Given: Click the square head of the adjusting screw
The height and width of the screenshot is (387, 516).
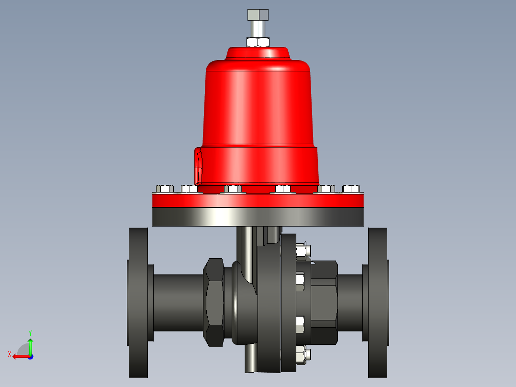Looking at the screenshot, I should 258,14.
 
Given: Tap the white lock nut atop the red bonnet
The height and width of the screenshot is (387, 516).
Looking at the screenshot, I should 258,42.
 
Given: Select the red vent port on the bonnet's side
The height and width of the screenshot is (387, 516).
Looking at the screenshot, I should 198,166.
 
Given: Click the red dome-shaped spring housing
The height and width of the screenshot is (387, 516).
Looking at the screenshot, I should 258,101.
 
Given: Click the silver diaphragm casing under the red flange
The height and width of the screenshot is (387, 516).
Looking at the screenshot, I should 258,216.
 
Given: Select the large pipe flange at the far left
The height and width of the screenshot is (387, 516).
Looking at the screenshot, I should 138,303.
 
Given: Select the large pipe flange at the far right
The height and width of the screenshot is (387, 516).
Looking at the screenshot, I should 378,303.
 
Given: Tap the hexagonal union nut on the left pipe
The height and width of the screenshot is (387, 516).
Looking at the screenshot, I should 214,303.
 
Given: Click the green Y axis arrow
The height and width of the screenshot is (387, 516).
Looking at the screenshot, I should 30,344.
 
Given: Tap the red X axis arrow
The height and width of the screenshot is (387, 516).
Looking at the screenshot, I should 19,356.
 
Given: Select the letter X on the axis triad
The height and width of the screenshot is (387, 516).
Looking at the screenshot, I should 9,354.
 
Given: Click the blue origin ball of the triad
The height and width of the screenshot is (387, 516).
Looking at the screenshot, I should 30,356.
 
